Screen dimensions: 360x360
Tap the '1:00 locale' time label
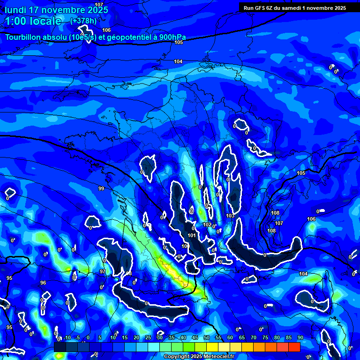pos(33,21)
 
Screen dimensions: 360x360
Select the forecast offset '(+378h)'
pos(84,21)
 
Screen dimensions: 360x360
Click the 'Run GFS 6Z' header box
pos(295,7)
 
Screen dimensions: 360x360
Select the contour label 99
pos(101,188)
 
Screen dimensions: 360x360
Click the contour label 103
pos(230,216)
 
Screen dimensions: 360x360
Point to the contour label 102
pos(207,225)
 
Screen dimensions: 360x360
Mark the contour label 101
pos(192,235)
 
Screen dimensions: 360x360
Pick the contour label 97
pos(103,271)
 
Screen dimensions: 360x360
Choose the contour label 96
pos(43,283)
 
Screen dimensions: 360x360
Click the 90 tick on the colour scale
pos(300,337)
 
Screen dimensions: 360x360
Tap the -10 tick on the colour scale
pos(67,337)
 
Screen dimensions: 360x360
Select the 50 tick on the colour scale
pos(207,337)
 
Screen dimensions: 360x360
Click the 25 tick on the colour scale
pos(148,337)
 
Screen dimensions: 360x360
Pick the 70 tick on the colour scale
pos(254,337)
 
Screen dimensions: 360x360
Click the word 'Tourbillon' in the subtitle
pos(24,37)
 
